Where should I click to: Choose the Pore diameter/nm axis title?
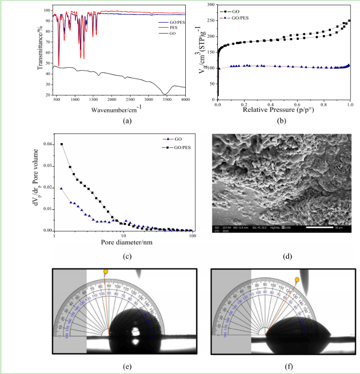click(x=123, y=241)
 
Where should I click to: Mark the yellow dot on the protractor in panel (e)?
click(x=105, y=272)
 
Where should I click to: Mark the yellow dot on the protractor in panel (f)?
click(x=297, y=280)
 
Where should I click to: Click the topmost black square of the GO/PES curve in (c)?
click(x=62, y=144)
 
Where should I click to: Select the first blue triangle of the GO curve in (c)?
click(x=61, y=188)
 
